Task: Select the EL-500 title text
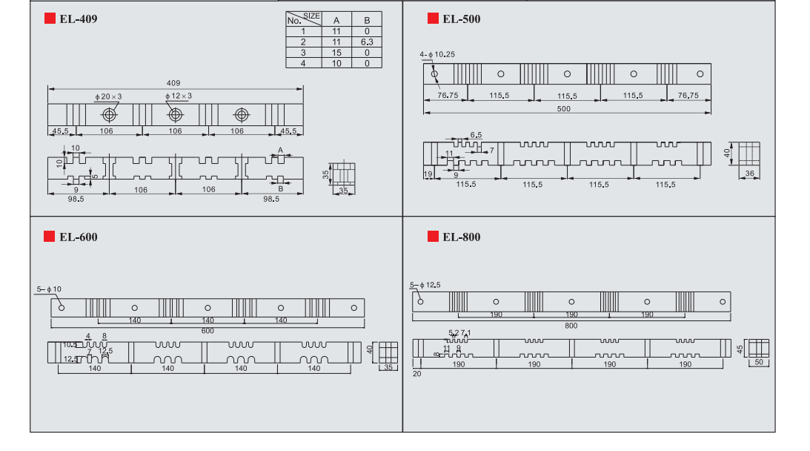(461, 19)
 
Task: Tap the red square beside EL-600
(50, 237)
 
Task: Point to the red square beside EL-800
(433, 237)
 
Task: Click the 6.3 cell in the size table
(366, 42)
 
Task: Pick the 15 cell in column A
(336, 53)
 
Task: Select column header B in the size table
(366, 20)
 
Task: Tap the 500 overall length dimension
(564, 109)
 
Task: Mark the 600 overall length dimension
(207, 331)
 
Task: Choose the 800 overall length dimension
(571, 326)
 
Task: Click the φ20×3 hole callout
(108, 96)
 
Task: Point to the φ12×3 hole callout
(179, 96)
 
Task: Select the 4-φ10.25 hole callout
(436, 55)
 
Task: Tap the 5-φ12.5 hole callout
(425, 285)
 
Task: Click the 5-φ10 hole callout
(49, 289)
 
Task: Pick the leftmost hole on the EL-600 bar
(62, 307)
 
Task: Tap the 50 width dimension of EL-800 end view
(758, 362)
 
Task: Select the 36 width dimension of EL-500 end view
(749, 174)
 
